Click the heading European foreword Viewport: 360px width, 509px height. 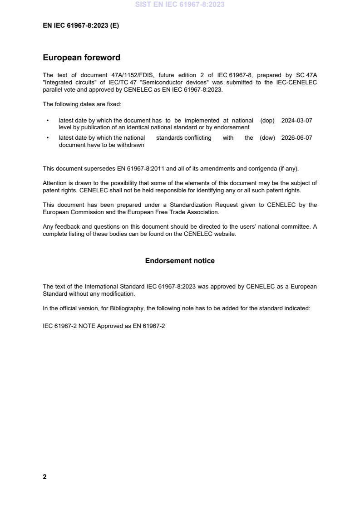(x=81, y=58)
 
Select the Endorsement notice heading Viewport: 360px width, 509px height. (x=180, y=261)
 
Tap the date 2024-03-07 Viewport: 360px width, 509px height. (x=296, y=121)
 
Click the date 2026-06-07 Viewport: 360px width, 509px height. (x=296, y=138)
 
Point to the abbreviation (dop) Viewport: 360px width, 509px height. (x=267, y=121)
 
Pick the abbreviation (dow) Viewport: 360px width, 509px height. (x=267, y=138)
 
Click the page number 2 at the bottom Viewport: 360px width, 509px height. (x=44, y=477)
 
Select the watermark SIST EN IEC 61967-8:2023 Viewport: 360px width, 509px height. (x=180, y=5)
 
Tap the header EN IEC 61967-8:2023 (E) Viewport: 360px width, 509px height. (x=81, y=26)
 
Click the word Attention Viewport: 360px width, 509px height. (x=54, y=183)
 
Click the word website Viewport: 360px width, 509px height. (x=226, y=234)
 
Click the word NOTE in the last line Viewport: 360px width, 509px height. (x=87, y=326)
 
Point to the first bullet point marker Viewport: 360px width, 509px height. (x=48, y=121)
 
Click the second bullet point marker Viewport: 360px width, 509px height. (x=48, y=138)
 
